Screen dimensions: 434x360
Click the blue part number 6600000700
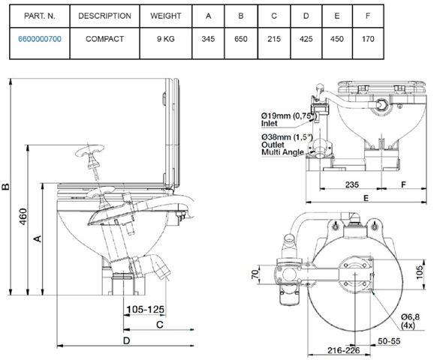tap(40, 39)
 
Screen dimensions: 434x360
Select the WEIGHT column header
tap(165, 16)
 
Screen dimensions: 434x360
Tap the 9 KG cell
tap(165, 39)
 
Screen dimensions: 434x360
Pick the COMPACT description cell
tap(104, 39)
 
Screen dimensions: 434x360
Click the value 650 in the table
tap(241, 39)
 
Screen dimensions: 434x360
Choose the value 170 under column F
tap(368, 39)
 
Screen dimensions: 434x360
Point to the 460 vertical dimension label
tap(23, 217)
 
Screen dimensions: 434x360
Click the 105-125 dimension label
tap(146, 310)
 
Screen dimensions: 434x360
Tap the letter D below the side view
tap(126, 340)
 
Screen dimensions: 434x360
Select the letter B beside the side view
tap(5, 187)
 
